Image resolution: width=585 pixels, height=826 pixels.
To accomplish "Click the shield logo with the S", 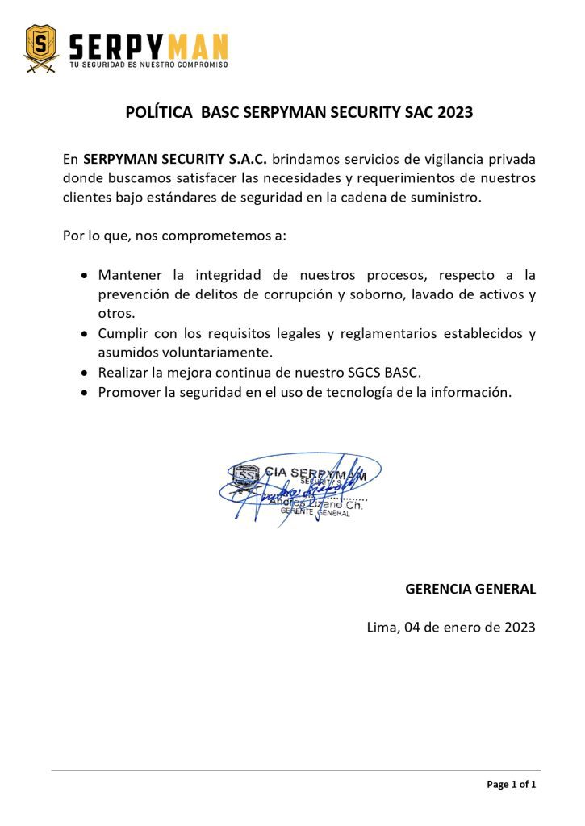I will pos(41,48).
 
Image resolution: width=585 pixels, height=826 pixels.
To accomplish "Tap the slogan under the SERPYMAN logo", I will pos(148,65).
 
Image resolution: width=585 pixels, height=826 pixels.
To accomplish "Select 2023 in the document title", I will pos(455,113).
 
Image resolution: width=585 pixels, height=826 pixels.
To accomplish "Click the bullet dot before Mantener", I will pos(85,275).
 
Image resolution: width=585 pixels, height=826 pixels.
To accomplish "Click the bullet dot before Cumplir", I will pos(85,333).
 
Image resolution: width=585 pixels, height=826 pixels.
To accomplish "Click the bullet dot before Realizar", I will pos(85,373).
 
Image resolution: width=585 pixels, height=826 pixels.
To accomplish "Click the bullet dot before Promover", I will pos(85,392).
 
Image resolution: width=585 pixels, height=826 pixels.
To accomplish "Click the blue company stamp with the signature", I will pos(299,486).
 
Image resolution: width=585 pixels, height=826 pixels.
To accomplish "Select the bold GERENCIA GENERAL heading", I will pos(470,589).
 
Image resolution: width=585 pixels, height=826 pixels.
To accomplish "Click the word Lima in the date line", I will pos(381,627).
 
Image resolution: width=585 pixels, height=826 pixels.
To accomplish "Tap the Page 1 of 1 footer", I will pos(511,784).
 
